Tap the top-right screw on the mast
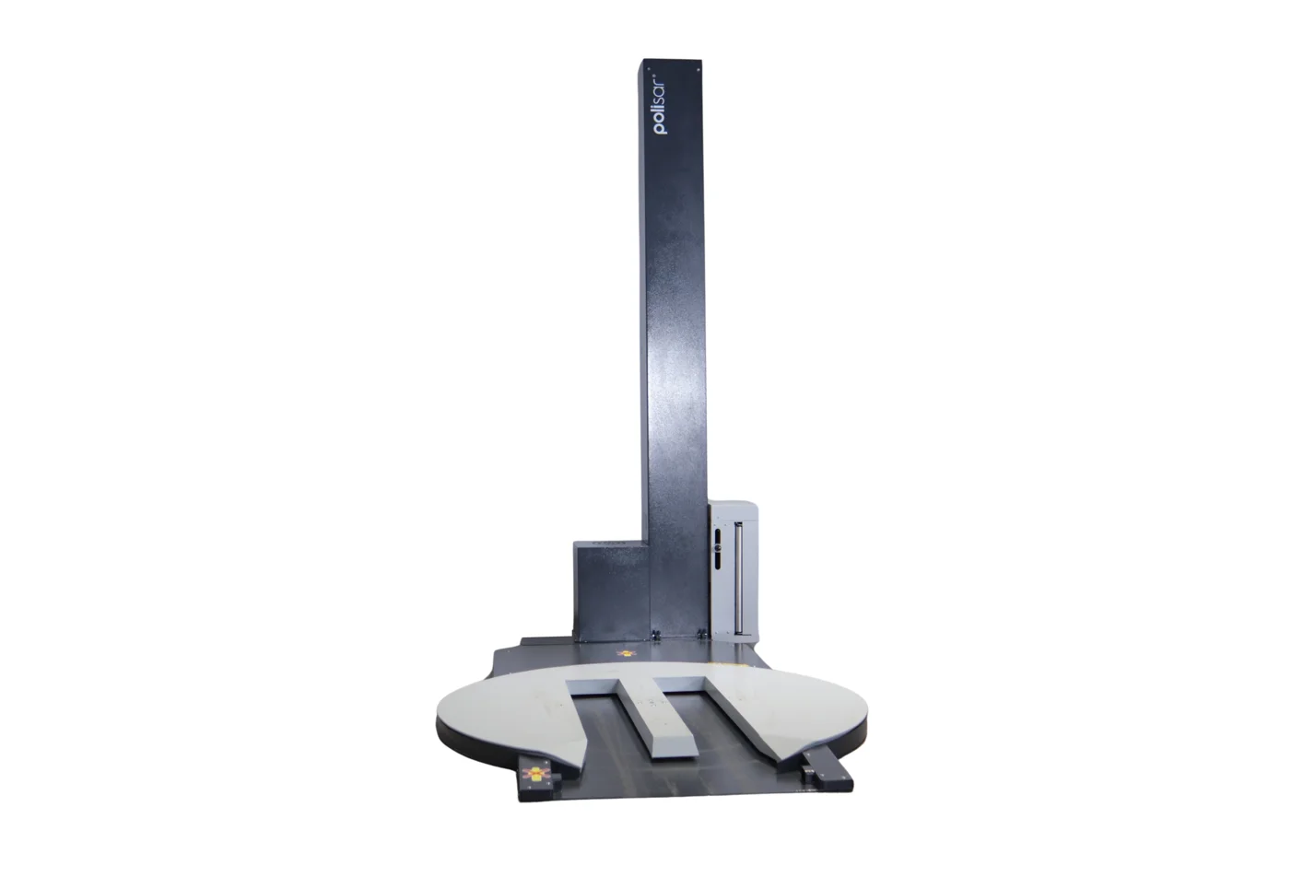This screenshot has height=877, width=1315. pyautogui.click(x=699, y=69)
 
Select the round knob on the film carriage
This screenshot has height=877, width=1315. pyautogui.click(x=718, y=548)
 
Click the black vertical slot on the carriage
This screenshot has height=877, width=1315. pyautogui.click(x=718, y=548)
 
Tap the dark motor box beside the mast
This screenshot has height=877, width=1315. pyautogui.click(x=611, y=591)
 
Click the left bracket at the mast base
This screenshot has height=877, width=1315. pyautogui.click(x=655, y=635)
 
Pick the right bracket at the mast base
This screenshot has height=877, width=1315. pyautogui.click(x=701, y=635)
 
